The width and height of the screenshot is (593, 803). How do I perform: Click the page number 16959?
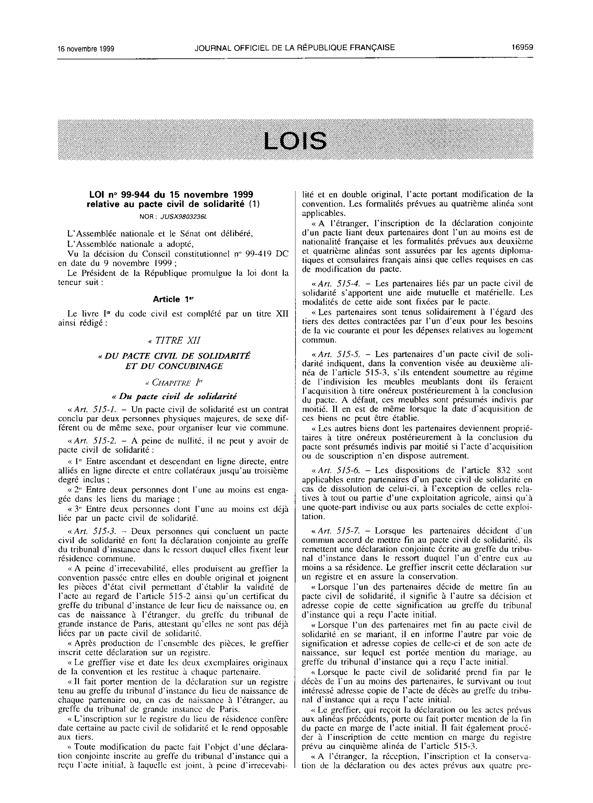522,47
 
